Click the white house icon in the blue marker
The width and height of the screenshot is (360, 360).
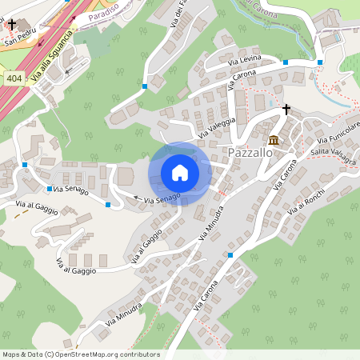click(179, 172)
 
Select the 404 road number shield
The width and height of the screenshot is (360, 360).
click(14, 78)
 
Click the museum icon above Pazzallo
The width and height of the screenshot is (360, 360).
click(274, 140)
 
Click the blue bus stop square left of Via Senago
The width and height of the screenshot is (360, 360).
click(50, 190)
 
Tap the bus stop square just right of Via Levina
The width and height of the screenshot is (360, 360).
click(286, 62)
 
